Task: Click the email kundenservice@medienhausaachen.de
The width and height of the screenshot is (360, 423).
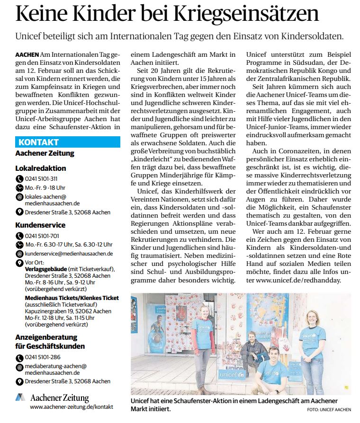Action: (x=68, y=253)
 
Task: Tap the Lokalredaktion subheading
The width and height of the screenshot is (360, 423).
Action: (x=41, y=168)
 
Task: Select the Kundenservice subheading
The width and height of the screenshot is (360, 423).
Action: (x=40, y=225)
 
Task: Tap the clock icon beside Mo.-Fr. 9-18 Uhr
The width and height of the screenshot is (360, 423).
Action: (x=19, y=187)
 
